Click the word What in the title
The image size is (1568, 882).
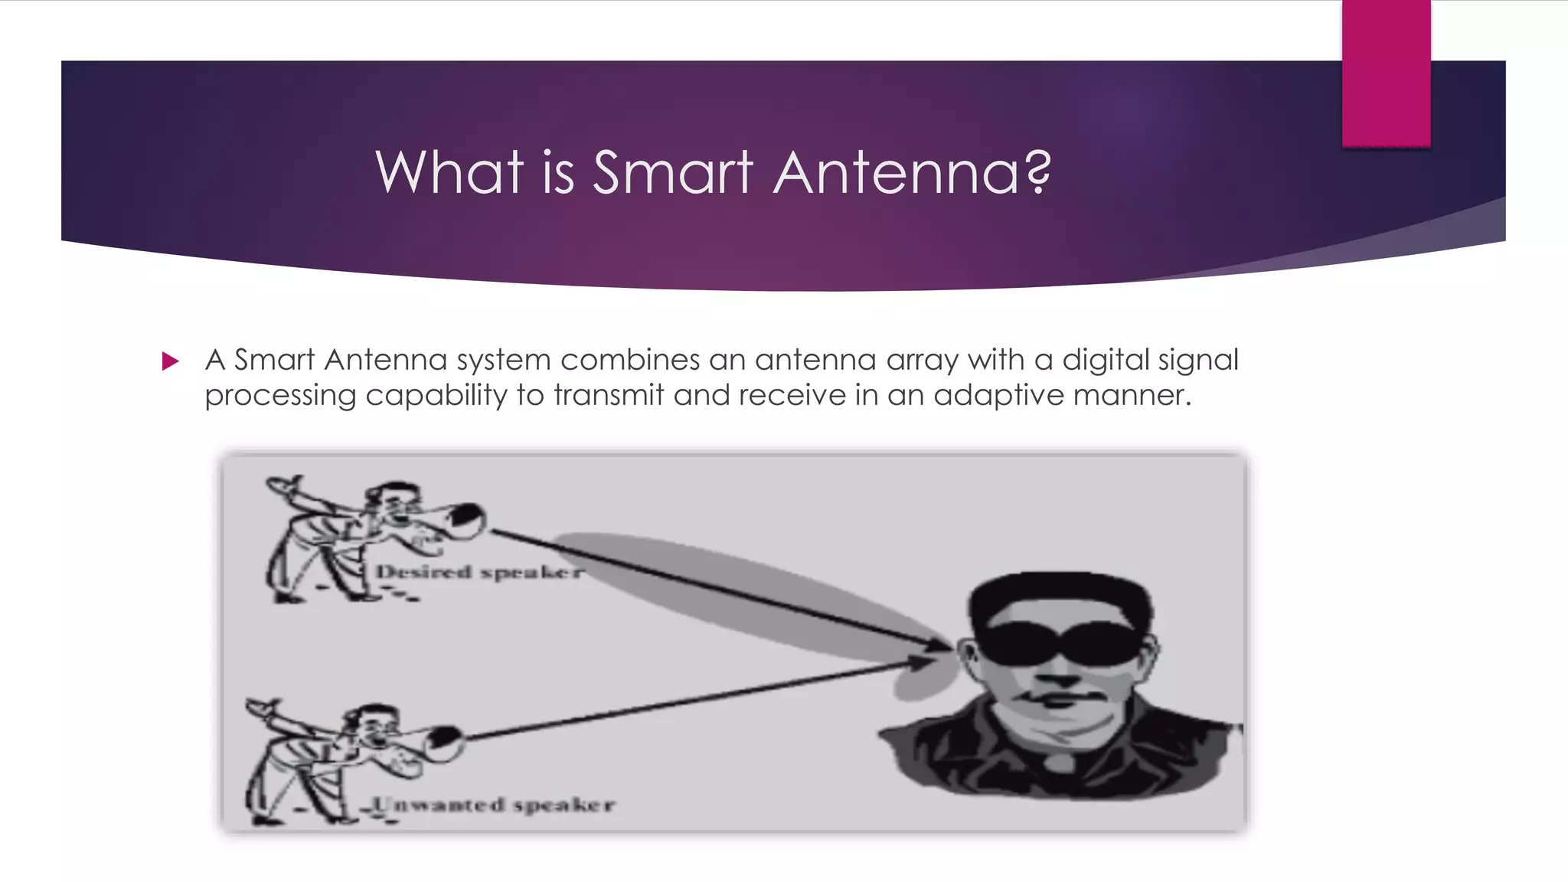click(x=449, y=172)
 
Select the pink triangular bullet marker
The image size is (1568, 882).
click(x=170, y=361)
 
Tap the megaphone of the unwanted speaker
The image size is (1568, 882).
click(x=442, y=742)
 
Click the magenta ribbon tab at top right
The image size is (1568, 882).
click(x=1386, y=73)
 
